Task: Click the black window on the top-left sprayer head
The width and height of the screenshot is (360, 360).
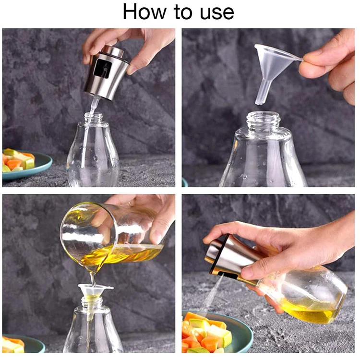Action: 102,69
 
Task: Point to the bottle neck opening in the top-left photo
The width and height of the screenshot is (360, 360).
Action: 94,117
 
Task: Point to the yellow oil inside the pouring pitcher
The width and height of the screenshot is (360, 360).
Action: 120,254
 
